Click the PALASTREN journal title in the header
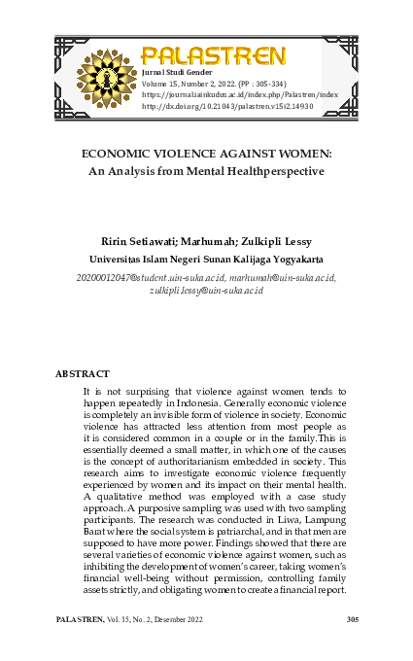214,54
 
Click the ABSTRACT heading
82,373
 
